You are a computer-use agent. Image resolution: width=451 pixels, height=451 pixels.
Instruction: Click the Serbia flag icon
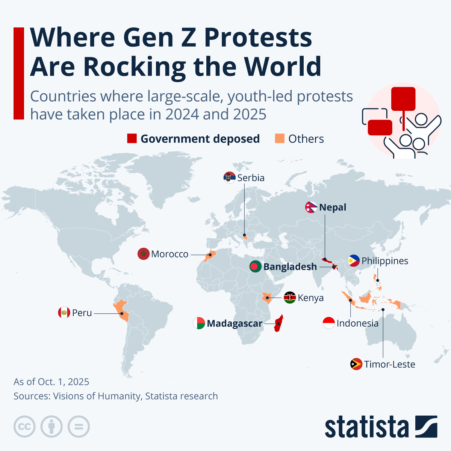[229, 177]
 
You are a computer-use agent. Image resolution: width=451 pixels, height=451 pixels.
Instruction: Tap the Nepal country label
[333, 207]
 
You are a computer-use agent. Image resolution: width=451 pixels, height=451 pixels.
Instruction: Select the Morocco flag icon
[144, 254]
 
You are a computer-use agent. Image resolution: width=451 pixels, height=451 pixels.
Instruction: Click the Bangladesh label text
[290, 267]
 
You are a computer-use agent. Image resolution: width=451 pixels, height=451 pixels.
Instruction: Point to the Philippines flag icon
[354, 261]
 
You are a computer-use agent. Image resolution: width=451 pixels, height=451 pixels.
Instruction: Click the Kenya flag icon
[290, 298]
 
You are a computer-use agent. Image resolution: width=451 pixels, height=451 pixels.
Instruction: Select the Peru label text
[82, 313]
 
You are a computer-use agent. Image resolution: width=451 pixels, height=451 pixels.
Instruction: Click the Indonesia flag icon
[328, 323]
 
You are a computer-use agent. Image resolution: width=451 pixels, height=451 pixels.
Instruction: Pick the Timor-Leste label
[389, 364]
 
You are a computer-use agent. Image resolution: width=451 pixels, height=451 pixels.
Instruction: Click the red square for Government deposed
[132, 139]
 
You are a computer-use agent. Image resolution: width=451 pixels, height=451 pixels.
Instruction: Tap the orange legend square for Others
[280, 139]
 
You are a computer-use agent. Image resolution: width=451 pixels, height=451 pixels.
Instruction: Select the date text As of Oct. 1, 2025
[51, 382]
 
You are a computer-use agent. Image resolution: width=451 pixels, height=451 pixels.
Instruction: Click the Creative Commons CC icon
[24, 427]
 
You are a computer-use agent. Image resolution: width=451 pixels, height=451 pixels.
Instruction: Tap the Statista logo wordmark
[366, 427]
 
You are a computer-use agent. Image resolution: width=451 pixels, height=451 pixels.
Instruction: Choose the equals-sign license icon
[79, 427]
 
